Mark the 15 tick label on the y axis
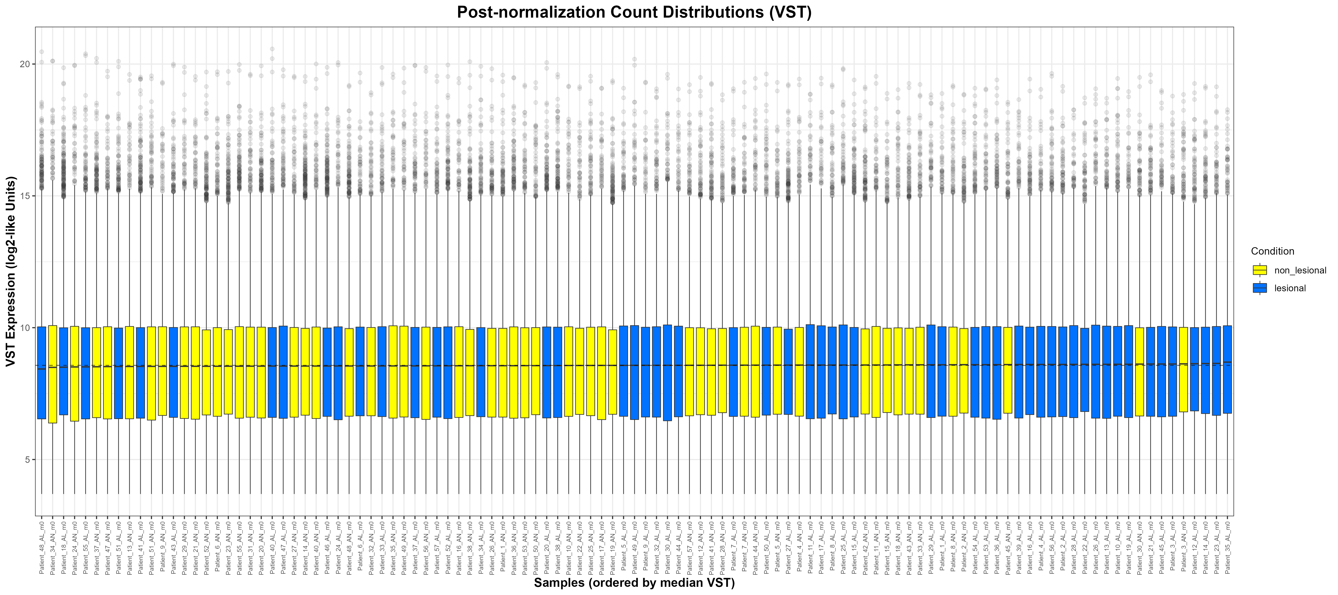coord(25,196)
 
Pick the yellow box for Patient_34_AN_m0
coord(53,374)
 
